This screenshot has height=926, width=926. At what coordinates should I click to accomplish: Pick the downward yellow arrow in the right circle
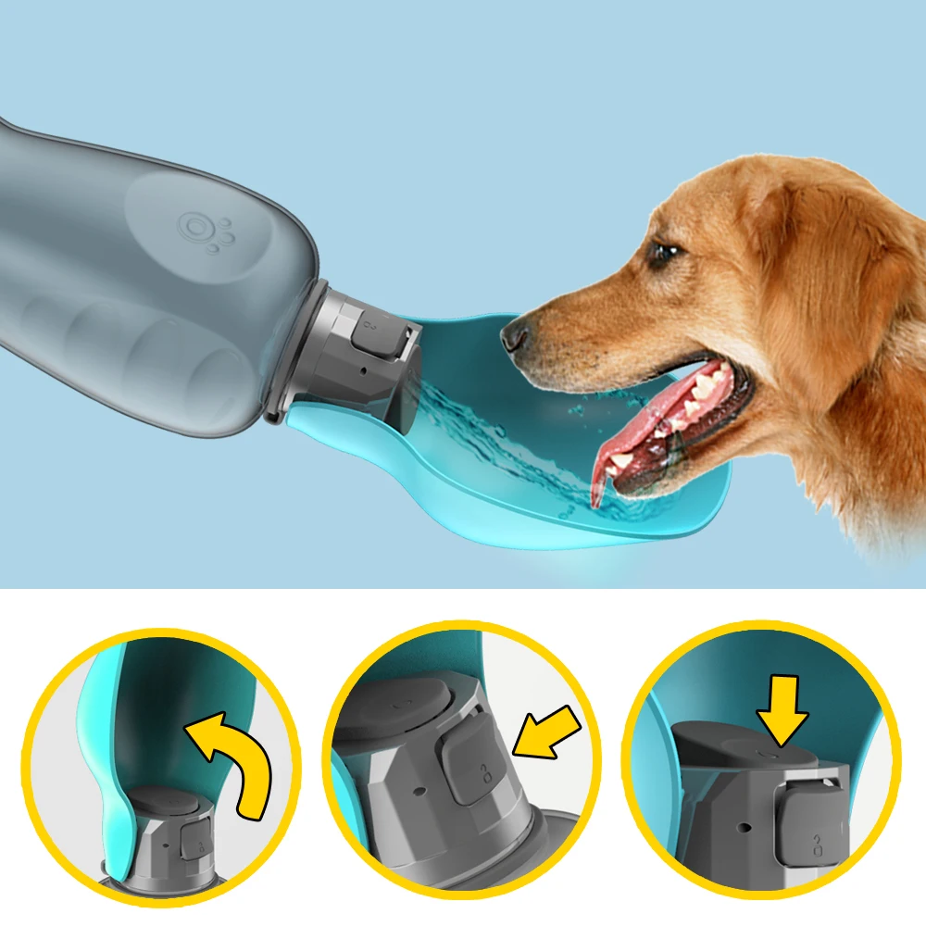(782, 708)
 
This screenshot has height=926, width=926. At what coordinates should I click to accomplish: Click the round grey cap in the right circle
(741, 746)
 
